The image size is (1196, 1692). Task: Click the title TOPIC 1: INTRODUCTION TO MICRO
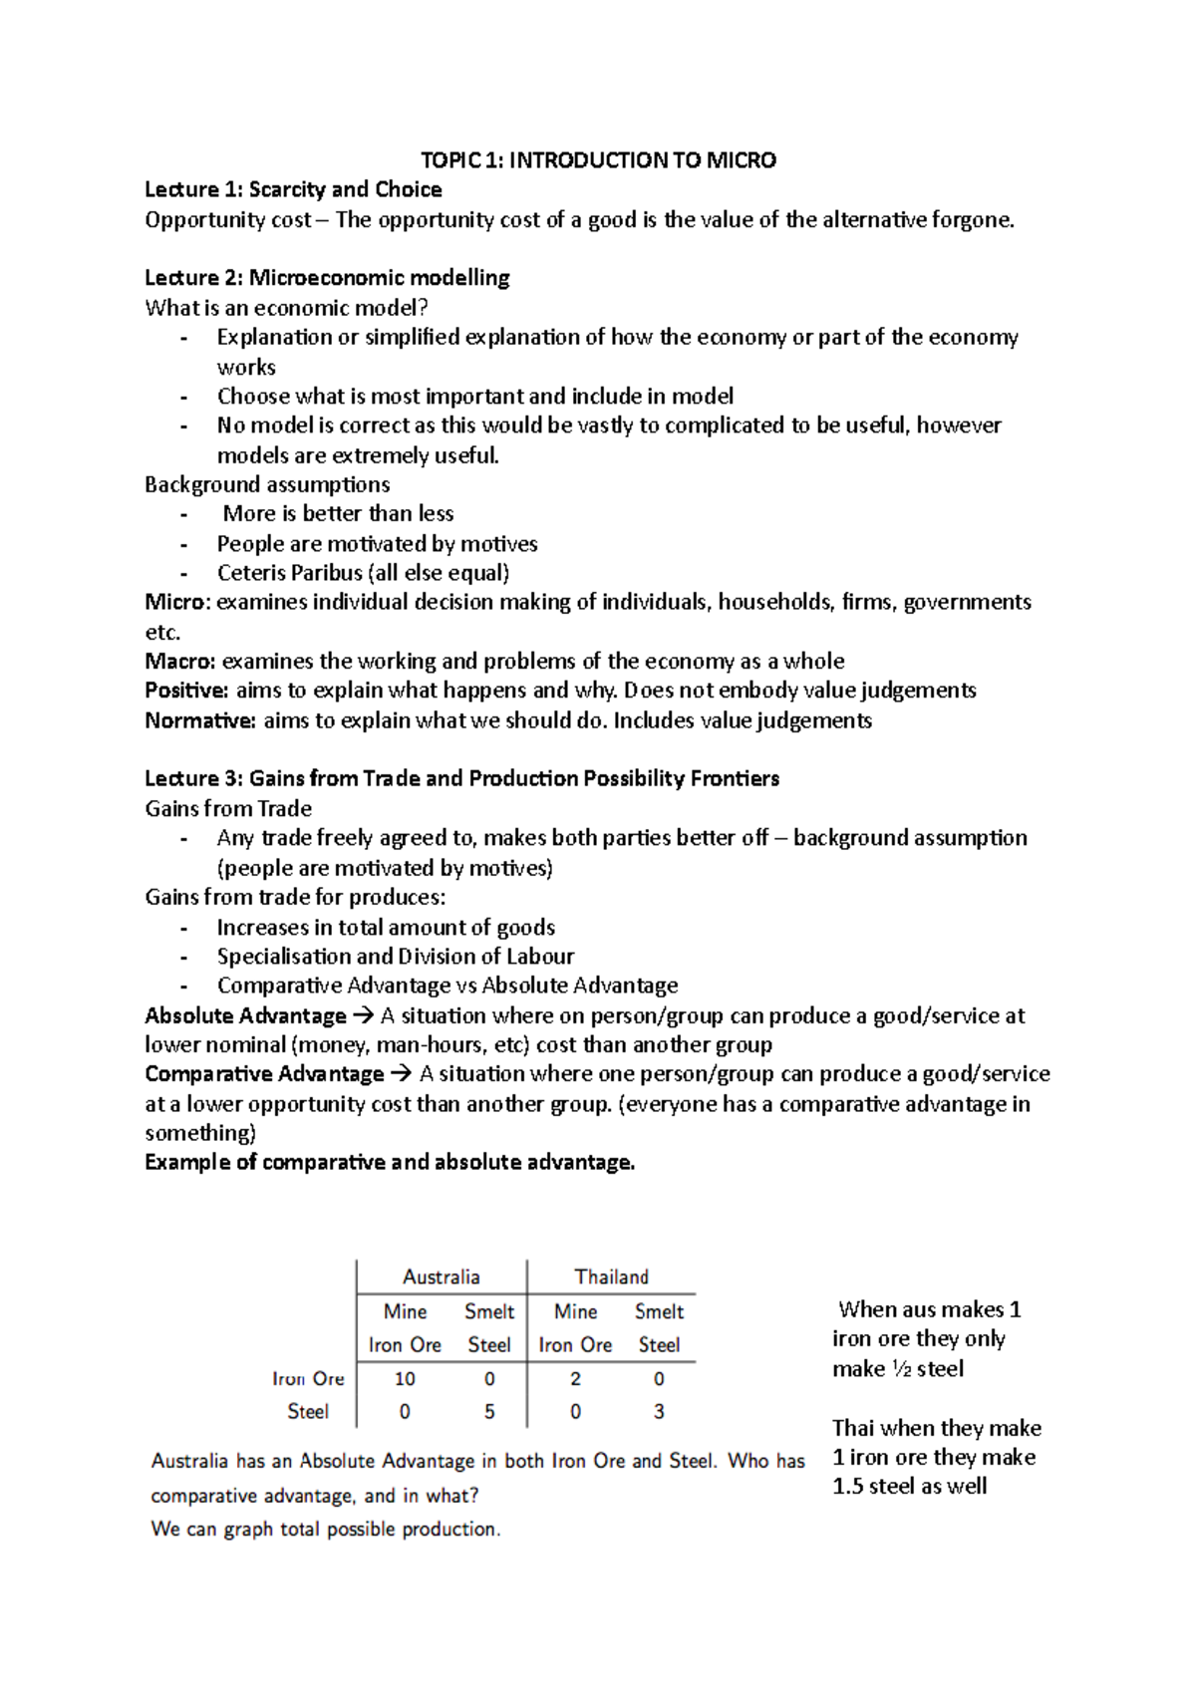[598, 160]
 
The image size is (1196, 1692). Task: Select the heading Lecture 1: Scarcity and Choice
[293, 189]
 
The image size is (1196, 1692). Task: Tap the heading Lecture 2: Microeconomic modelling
[327, 278]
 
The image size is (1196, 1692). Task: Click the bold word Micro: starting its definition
[177, 602]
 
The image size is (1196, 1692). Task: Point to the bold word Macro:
[180, 662]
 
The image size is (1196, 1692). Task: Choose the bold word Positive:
[186, 691]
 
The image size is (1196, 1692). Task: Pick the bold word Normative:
[200, 720]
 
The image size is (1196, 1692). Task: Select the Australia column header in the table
[441, 1276]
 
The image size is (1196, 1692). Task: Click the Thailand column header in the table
[611, 1276]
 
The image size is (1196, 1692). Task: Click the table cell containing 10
[405, 1379]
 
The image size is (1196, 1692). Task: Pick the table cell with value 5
[489, 1412]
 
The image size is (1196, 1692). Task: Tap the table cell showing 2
[575, 1379]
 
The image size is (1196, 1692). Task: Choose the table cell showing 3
[659, 1412]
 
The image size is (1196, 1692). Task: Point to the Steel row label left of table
[308, 1412]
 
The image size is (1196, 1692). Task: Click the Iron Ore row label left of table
[308, 1379]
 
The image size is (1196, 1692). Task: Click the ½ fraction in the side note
[901, 1369]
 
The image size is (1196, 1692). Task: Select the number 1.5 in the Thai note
[847, 1487]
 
